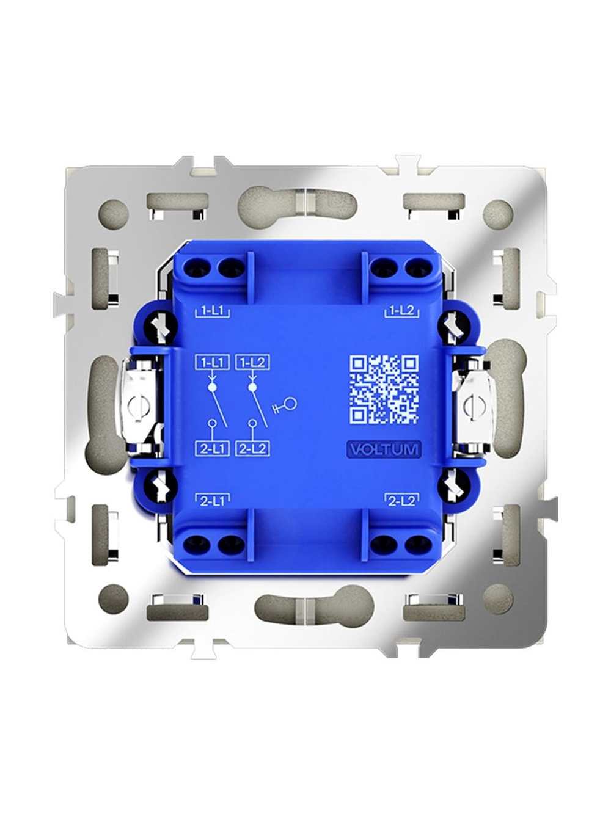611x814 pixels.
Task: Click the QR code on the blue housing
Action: coord(385,389)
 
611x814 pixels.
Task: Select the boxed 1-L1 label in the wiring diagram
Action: coord(212,362)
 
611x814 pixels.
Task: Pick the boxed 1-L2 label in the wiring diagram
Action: coord(252,362)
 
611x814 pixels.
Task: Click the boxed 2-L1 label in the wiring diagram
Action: coord(212,449)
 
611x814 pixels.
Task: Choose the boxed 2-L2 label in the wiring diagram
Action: coord(252,449)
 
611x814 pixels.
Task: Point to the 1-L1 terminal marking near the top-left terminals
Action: coord(212,311)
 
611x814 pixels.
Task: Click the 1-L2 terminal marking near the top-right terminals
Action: coord(403,311)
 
